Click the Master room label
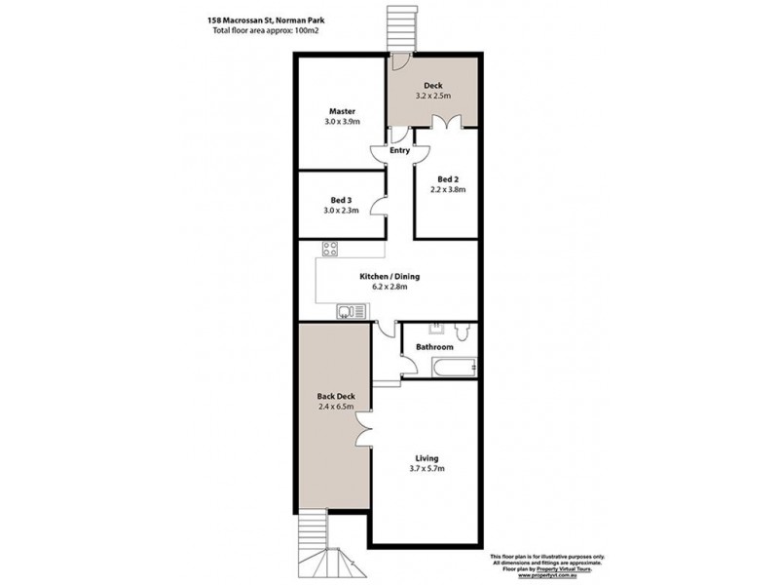pyautogui.click(x=341, y=110)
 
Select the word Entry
pyautogui.click(x=400, y=151)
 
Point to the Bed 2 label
pyautogui.click(x=448, y=179)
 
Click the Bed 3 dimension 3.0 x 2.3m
pyautogui.click(x=342, y=211)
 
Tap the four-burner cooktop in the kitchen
pyautogui.click(x=330, y=248)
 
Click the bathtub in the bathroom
pyautogui.click(x=453, y=369)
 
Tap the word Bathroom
pyautogui.click(x=434, y=347)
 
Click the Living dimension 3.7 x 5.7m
pyautogui.click(x=427, y=470)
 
